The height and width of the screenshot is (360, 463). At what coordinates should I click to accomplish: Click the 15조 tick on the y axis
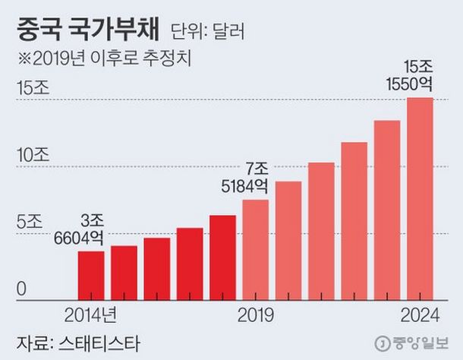tap(32, 88)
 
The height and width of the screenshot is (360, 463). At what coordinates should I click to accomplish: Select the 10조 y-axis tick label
tap(32, 155)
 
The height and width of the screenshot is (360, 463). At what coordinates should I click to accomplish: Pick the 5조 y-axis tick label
tap(32, 222)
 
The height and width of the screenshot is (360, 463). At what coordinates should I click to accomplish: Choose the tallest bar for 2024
tap(420, 197)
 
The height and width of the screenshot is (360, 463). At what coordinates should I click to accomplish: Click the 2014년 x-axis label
tap(90, 312)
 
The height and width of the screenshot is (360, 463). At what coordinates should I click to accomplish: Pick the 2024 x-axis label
tap(419, 312)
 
